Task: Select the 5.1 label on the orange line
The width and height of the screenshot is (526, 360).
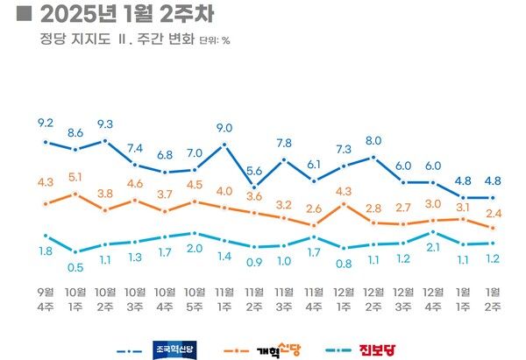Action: pos(75,175)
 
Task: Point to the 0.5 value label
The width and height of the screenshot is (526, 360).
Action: pos(75,267)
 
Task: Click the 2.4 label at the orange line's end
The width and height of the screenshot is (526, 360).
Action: pos(494,213)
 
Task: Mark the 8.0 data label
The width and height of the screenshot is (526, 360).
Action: pos(374,139)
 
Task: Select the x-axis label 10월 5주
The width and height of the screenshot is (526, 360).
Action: pos(195,297)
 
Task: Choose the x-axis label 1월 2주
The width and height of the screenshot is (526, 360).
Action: pos(494,297)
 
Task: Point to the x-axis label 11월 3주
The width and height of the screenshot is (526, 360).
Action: pos(284,297)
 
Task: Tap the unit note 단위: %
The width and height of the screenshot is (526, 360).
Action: pos(215,40)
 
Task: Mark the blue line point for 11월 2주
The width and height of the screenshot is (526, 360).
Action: pos(254,187)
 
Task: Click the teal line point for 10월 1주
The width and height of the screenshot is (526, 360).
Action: pos(75,251)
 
